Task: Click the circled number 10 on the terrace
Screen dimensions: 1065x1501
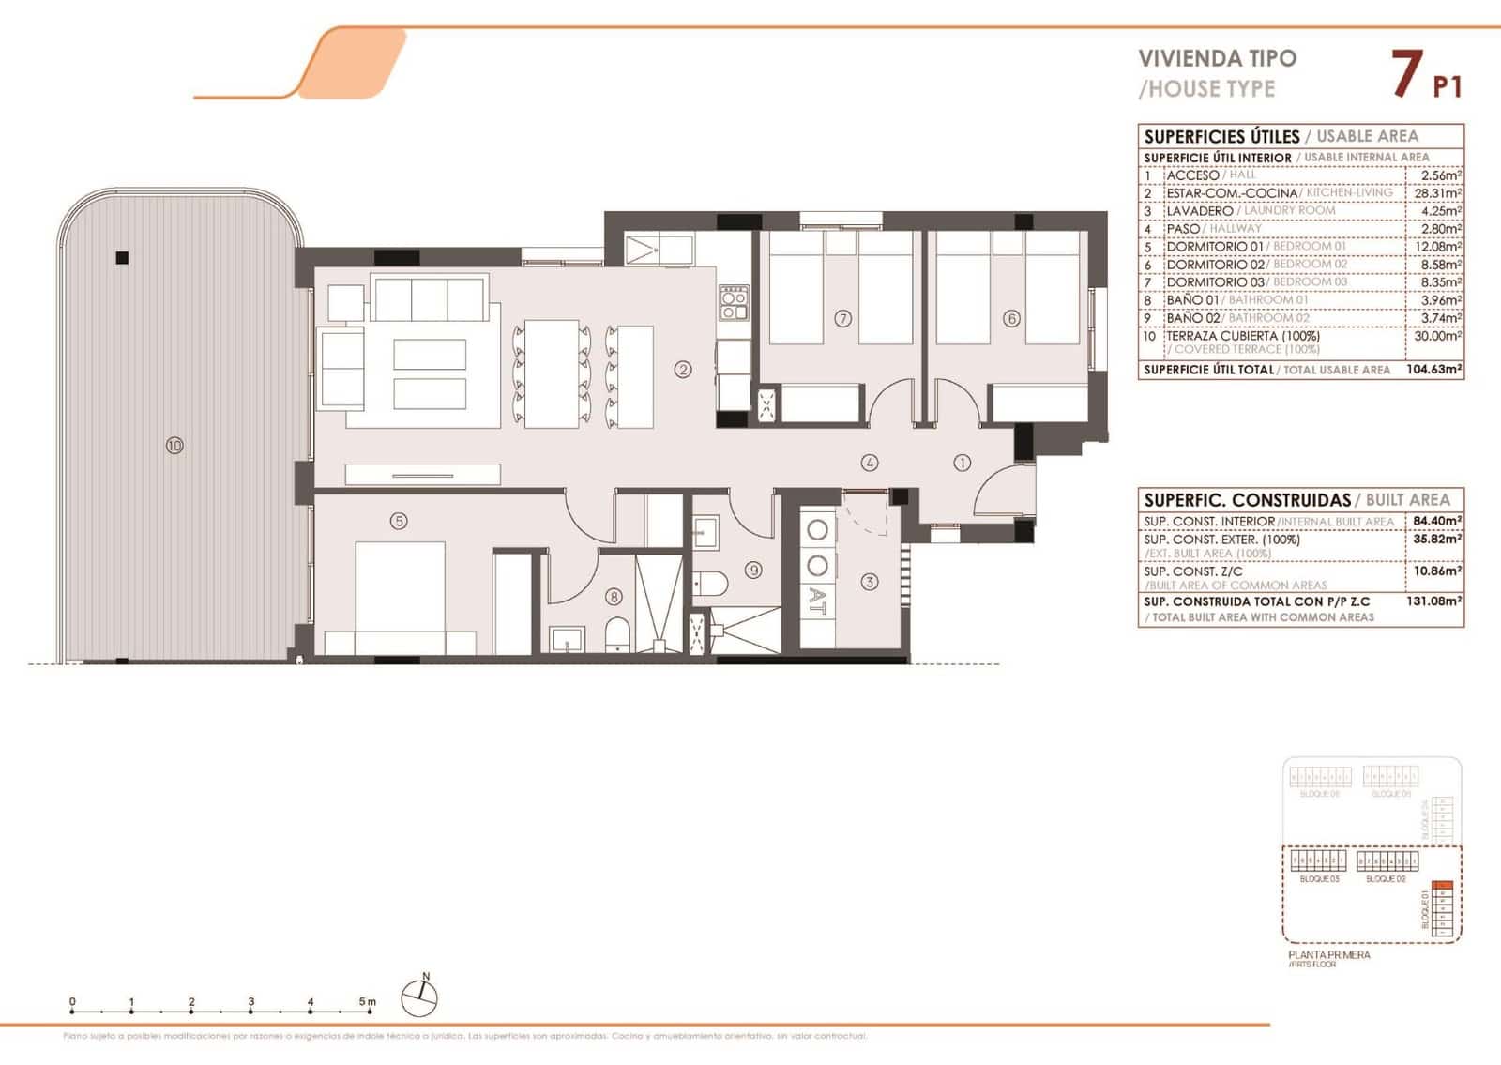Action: pyautogui.click(x=174, y=446)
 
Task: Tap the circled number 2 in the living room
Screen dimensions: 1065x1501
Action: pyautogui.click(x=683, y=370)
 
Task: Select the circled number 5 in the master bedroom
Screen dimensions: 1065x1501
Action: pyautogui.click(x=399, y=521)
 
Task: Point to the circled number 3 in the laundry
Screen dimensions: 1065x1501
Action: pyautogui.click(x=870, y=583)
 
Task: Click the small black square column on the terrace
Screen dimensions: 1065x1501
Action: pyautogui.click(x=122, y=258)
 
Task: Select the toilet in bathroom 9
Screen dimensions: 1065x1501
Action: pyautogui.click(x=712, y=584)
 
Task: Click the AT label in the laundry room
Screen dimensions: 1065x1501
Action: pyautogui.click(x=817, y=601)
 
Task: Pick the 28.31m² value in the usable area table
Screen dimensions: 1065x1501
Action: pyautogui.click(x=1438, y=193)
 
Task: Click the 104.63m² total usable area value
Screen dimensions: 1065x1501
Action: pyautogui.click(x=1434, y=370)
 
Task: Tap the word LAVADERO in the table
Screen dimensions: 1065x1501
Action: pyautogui.click(x=1199, y=211)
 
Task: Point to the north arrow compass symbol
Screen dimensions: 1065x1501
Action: pyautogui.click(x=419, y=997)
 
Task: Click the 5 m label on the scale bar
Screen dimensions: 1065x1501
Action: pyautogui.click(x=367, y=1002)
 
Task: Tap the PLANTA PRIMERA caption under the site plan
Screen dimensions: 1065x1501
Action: pyautogui.click(x=1329, y=955)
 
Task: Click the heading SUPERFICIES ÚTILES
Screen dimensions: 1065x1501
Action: pyautogui.click(x=1221, y=137)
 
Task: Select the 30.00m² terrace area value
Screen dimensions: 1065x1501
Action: pyautogui.click(x=1438, y=336)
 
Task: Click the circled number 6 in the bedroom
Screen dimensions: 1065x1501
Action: pyautogui.click(x=1011, y=319)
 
